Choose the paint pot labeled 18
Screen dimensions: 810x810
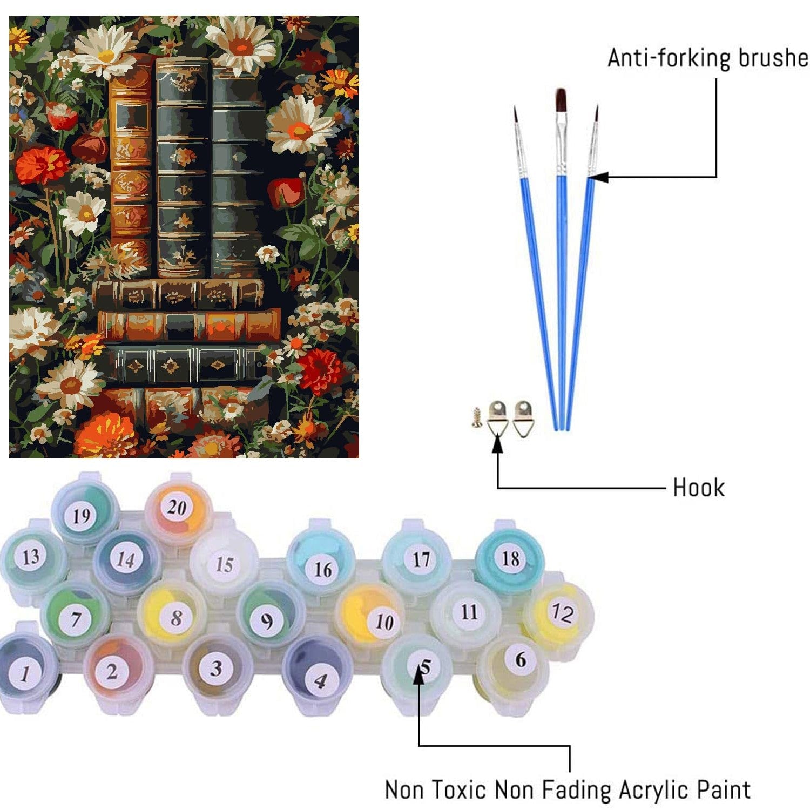tap(509, 559)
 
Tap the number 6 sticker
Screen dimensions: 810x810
tap(520, 659)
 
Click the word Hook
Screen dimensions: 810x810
tap(698, 488)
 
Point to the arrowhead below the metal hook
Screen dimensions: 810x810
tap(497, 443)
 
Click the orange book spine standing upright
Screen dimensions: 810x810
tap(130, 167)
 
